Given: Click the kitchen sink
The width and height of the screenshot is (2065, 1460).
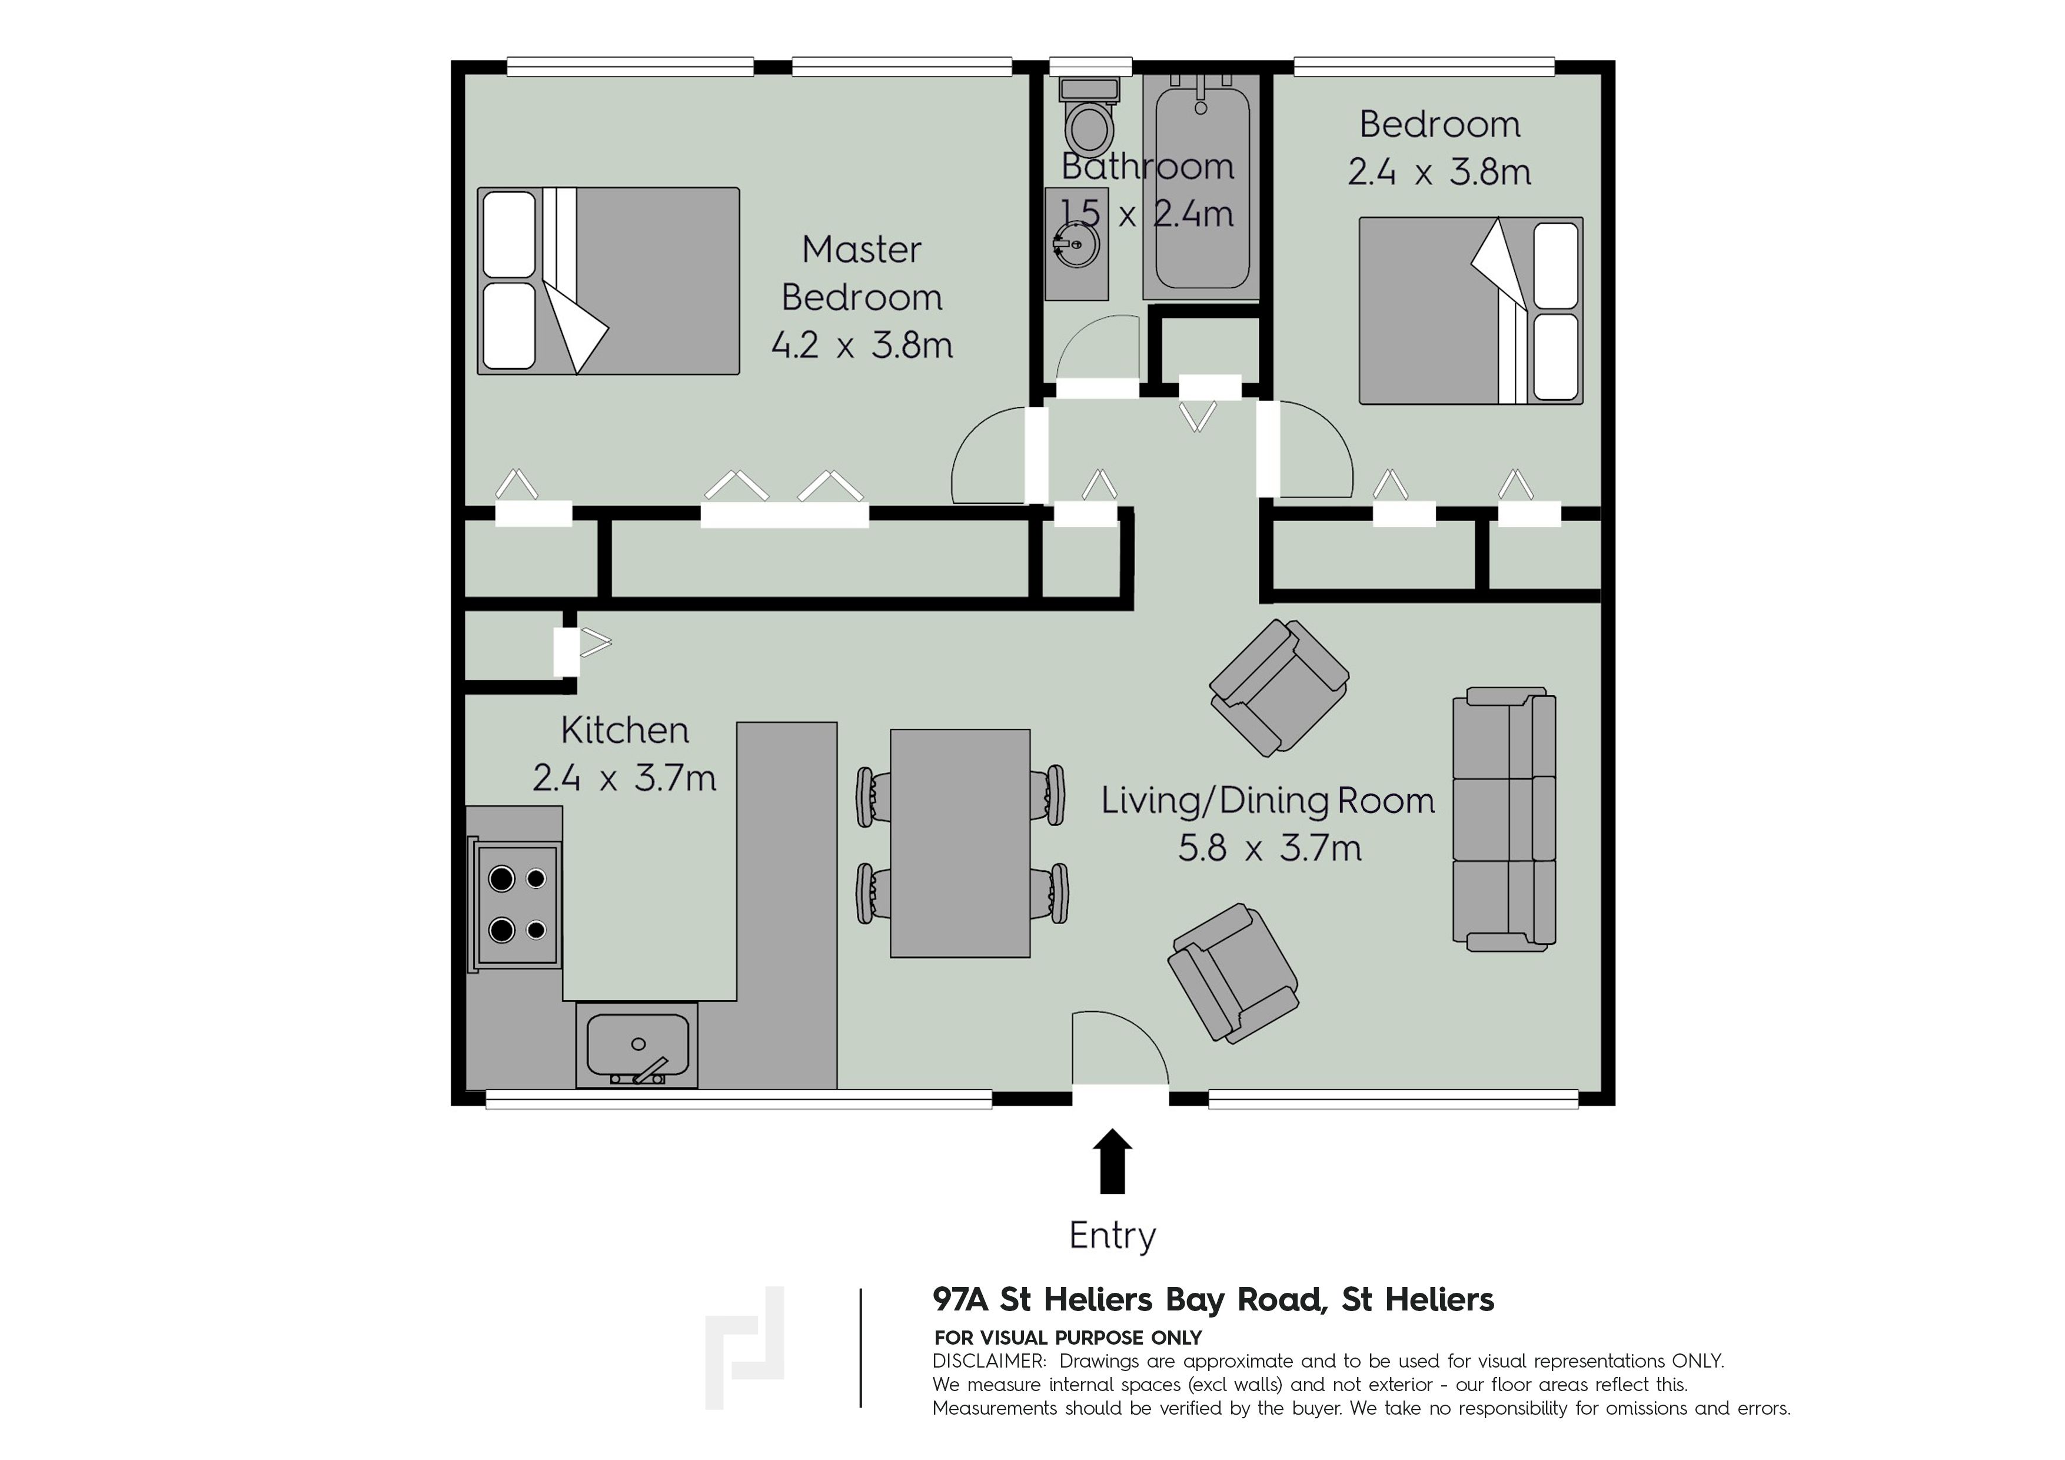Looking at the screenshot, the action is click(637, 1046).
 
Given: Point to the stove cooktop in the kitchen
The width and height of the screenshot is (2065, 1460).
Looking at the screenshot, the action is click(516, 904).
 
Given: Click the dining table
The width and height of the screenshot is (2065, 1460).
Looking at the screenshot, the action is click(960, 843).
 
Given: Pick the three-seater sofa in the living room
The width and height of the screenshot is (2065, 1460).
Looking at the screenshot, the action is click(1504, 819).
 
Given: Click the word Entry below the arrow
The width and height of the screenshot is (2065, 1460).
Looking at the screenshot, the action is click(1113, 1236).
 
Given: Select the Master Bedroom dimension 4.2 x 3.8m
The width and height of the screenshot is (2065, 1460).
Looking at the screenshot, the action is click(862, 344).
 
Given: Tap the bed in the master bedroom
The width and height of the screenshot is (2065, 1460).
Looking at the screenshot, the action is click(608, 281).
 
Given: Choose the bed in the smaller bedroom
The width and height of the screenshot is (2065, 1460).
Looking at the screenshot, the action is click(1471, 310).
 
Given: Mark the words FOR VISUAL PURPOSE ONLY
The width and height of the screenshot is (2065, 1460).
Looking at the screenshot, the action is click(1068, 1338).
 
